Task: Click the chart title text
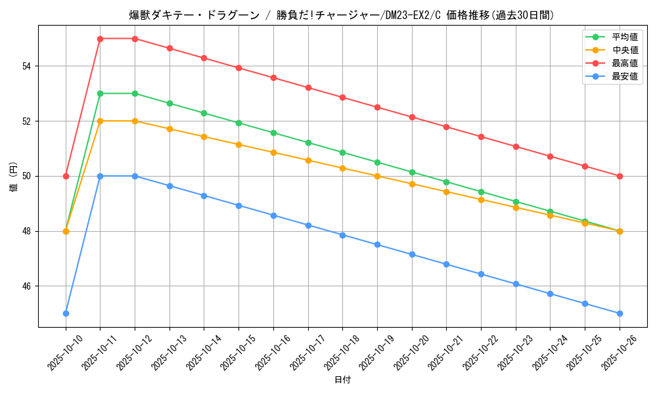(x=342, y=15)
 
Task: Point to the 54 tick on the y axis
(x=28, y=66)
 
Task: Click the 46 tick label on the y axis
(x=28, y=286)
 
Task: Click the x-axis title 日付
(x=342, y=380)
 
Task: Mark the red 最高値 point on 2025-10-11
(x=100, y=39)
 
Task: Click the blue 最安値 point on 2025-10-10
(x=66, y=313)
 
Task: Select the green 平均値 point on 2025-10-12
(x=135, y=93)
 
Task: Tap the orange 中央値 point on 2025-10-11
(x=100, y=121)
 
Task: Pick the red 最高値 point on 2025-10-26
(x=620, y=176)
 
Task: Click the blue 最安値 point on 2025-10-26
(x=620, y=313)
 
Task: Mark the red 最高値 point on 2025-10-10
(x=66, y=176)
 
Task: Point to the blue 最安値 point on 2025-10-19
(x=377, y=244)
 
